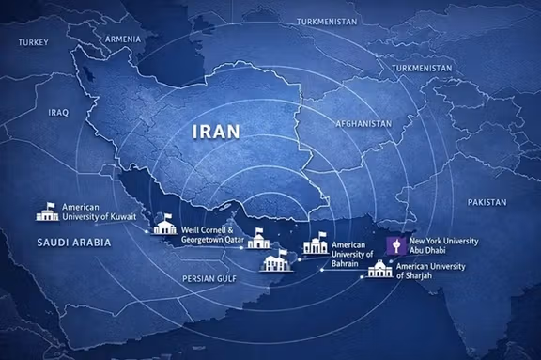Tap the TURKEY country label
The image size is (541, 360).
(x=32, y=42)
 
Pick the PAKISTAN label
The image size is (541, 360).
(x=487, y=202)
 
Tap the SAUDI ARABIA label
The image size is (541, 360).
(x=73, y=243)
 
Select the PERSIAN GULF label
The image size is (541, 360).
(x=209, y=278)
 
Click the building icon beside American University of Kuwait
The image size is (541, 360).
(x=46, y=211)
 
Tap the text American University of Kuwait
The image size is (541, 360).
(x=99, y=211)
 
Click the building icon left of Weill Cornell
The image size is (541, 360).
(x=164, y=224)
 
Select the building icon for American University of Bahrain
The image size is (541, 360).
(x=314, y=246)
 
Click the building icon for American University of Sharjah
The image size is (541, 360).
(x=380, y=269)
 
